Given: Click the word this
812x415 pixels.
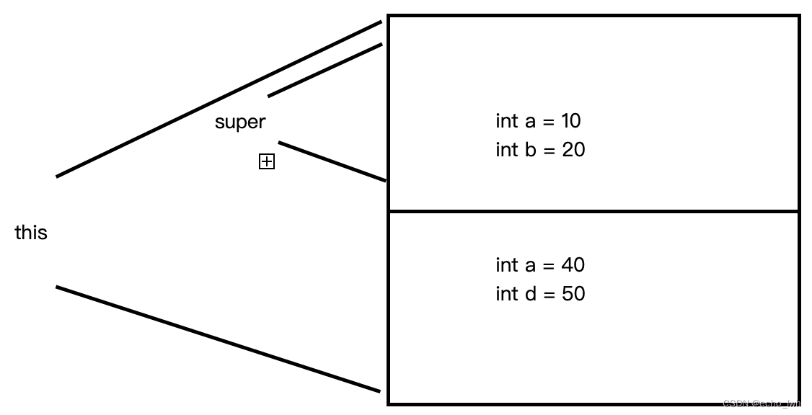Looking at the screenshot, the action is pos(31,233).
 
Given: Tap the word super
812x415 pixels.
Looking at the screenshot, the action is pos(240,122).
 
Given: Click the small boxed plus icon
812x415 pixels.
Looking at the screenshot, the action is pos(267,162).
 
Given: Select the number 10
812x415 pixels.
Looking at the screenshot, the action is pos(570,120).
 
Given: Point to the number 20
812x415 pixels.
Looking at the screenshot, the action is pos(573,150).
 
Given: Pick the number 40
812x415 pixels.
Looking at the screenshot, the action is pos(573,265).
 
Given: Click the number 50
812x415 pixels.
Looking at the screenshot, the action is pos(573,294).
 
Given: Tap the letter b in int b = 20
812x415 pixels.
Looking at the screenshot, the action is pos(530,150).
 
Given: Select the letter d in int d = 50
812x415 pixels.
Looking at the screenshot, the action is pos(530,294).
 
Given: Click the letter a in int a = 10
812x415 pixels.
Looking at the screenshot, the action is pos(530,121).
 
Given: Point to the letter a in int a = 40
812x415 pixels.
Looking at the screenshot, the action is pos(530,265).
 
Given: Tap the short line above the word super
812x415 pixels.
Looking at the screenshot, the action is pos(325,70).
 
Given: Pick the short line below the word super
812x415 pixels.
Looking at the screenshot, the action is pos(332,161).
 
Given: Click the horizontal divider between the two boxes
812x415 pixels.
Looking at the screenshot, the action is pos(593,211).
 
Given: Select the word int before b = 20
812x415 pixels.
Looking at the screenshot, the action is pos(506,150).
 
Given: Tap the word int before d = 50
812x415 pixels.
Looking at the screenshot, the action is pos(506,294).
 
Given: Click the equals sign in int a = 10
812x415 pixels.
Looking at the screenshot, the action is pos(548,121).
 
